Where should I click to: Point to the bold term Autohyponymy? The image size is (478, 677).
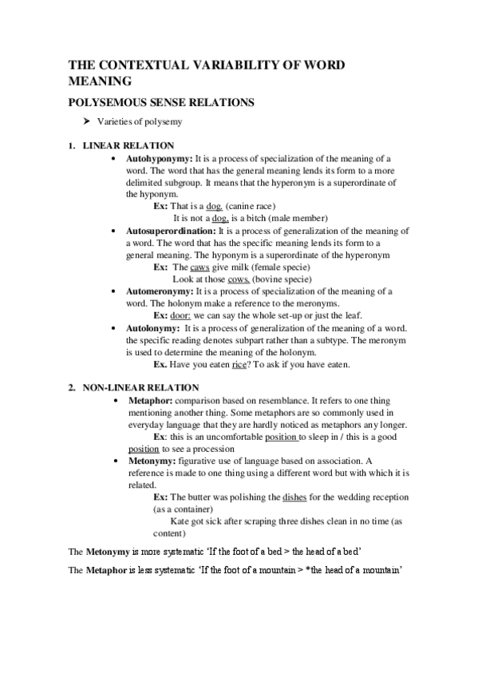pos(160,159)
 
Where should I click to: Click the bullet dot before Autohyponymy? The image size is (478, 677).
pos(117,159)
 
